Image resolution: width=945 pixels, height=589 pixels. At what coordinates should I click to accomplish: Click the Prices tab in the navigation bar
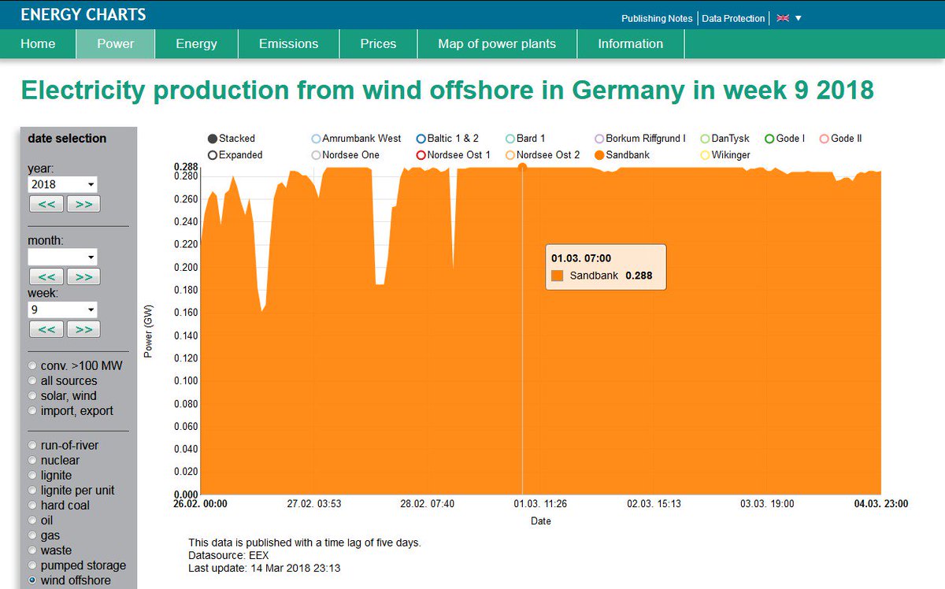tap(378, 44)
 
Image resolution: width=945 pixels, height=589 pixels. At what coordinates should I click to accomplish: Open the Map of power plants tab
tap(497, 44)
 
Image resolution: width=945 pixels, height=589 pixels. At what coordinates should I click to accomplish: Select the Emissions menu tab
tap(288, 44)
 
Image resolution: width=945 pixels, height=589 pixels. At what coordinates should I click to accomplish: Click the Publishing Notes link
tap(657, 18)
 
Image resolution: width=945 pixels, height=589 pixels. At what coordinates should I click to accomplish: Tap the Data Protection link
tap(733, 18)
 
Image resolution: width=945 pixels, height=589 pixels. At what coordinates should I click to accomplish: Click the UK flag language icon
tap(783, 18)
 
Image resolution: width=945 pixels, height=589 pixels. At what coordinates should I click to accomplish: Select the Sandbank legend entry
tap(622, 155)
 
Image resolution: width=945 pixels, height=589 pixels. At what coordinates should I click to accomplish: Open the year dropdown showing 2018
tap(63, 184)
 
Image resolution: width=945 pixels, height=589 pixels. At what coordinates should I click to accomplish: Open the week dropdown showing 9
tap(63, 309)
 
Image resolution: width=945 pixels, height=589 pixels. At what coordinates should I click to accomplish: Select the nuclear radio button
tap(32, 461)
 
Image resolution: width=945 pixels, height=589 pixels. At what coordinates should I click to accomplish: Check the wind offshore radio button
tap(32, 580)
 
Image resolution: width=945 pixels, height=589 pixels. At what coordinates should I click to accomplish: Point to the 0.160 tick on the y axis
tap(186, 313)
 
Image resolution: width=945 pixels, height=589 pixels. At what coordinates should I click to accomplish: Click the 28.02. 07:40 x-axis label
tap(427, 503)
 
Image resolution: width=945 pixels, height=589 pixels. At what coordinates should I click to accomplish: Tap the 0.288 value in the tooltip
tap(639, 276)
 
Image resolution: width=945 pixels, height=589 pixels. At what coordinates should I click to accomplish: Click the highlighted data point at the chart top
tap(522, 166)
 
